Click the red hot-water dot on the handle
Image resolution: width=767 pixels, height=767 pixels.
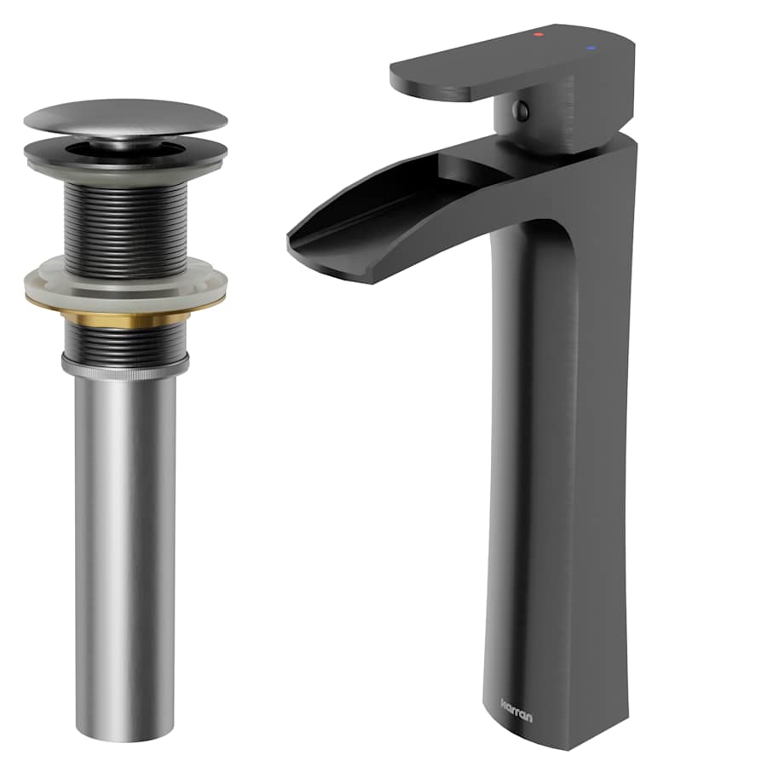tap(538, 35)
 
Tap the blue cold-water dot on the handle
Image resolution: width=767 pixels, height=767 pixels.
tap(592, 49)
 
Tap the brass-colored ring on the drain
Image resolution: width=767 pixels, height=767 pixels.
tap(125, 313)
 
